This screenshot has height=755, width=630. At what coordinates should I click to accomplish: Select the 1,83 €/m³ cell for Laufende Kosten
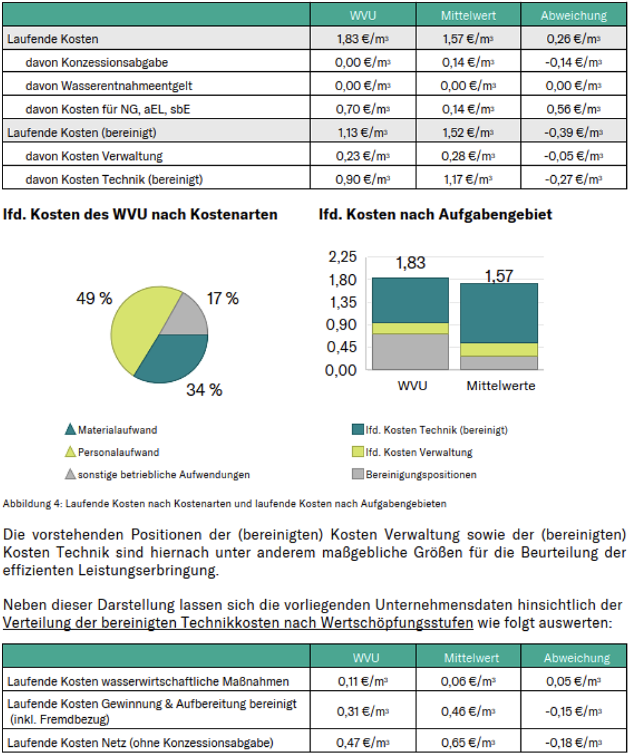pyautogui.click(x=363, y=39)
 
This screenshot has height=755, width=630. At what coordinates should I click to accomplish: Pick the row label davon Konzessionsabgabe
pyautogui.click(x=97, y=62)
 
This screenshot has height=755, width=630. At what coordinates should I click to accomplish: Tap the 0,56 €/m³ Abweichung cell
pyautogui.click(x=573, y=109)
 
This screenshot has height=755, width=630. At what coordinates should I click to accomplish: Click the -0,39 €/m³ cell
pyautogui.click(x=573, y=133)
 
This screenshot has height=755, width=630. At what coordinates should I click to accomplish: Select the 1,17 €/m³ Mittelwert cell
pyautogui.click(x=467, y=180)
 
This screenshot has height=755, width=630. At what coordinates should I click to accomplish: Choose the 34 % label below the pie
pyautogui.click(x=204, y=391)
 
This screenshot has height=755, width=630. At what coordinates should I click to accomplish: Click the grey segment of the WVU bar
pyautogui.click(x=410, y=352)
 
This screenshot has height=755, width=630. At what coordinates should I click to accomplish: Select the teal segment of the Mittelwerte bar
pyautogui.click(x=499, y=313)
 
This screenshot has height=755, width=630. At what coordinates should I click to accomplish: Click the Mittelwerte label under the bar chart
pyautogui.click(x=500, y=386)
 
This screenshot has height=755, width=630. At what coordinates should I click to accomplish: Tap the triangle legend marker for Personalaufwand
pyautogui.click(x=71, y=452)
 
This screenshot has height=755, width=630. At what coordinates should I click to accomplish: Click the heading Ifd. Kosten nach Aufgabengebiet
pyautogui.click(x=435, y=215)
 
